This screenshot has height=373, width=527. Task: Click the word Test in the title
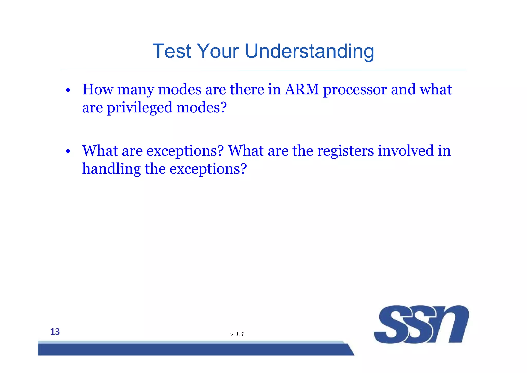tap(172, 51)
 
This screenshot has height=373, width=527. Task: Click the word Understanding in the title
tap(309, 52)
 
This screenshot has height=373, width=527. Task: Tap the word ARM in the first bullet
tap(302, 89)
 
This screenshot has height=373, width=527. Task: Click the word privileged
tap(139, 108)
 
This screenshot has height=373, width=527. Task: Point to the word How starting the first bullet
tap(98, 89)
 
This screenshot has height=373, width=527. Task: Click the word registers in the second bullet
tap(345, 151)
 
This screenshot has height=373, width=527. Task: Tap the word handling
tap(111, 169)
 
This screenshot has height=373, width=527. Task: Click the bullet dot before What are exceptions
tap(68, 151)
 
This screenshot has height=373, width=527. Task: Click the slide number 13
tap(55, 332)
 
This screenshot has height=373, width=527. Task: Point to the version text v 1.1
tap(237, 334)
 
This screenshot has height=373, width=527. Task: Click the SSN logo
tap(421, 324)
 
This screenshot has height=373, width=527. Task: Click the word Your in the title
tap(218, 51)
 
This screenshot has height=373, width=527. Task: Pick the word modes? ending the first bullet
tap(201, 107)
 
